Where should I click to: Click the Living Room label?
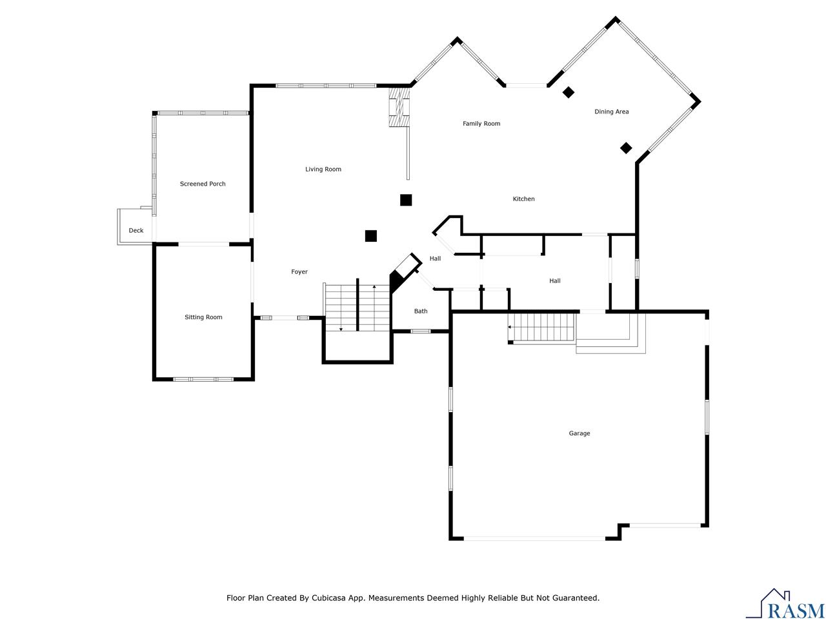pyautogui.click(x=323, y=169)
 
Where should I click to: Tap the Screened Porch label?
pyautogui.click(x=203, y=184)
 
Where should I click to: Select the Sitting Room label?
pyautogui.click(x=203, y=317)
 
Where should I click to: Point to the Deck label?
pyautogui.click(x=136, y=230)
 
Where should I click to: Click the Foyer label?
pyautogui.click(x=299, y=271)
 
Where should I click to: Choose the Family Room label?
pyautogui.click(x=481, y=124)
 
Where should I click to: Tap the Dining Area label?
pyautogui.click(x=611, y=112)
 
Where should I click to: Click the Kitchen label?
pyautogui.click(x=523, y=199)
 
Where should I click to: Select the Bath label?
pyautogui.click(x=420, y=311)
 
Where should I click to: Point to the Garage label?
pyautogui.click(x=579, y=433)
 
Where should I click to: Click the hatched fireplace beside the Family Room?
pyautogui.click(x=399, y=107)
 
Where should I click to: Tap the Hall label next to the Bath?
pyautogui.click(x=435, y=259)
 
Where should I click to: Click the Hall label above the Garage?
pyautogui.click(x=555, y=280)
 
